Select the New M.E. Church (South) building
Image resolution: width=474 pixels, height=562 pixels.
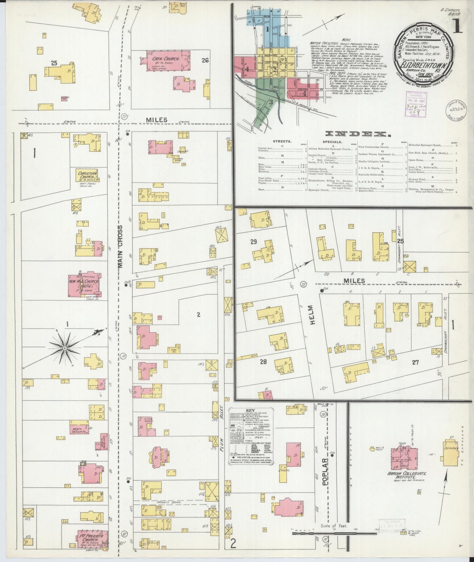point(83,284)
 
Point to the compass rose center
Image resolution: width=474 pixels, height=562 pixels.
point(65,348)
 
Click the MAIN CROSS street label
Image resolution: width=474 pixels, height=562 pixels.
point(120,247)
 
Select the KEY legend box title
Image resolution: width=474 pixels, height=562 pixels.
point(252,410)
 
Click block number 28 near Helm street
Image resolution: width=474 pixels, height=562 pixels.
point(263,362)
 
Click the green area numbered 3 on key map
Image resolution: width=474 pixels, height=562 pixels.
point(271,102)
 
